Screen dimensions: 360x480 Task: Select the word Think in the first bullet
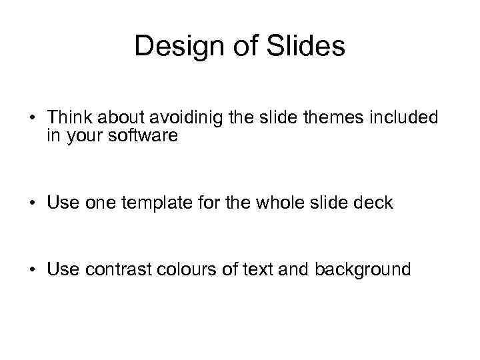click(70, 118)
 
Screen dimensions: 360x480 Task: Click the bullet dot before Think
click(31, 119)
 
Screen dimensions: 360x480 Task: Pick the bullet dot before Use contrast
click(31, 271)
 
